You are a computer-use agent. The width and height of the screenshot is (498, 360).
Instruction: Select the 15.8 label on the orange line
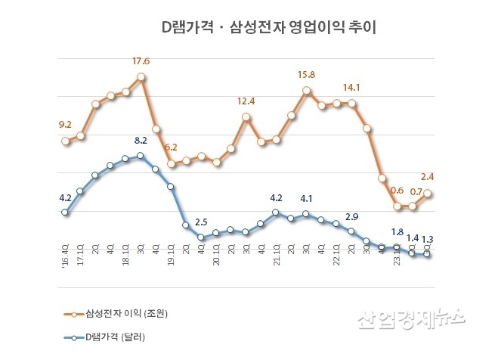(307, 75)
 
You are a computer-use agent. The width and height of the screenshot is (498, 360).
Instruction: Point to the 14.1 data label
(352, 86)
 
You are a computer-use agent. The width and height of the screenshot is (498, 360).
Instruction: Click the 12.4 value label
(246, 101)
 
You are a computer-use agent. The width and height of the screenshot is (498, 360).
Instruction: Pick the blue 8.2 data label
(141, 141)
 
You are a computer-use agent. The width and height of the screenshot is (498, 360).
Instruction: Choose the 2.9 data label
(352, 216)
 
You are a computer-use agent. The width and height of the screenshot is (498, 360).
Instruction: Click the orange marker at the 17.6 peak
(141, 77)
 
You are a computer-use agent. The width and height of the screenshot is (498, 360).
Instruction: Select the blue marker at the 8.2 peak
(141, 156)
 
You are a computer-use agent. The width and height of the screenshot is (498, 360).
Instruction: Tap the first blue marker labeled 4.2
(65, 213)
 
